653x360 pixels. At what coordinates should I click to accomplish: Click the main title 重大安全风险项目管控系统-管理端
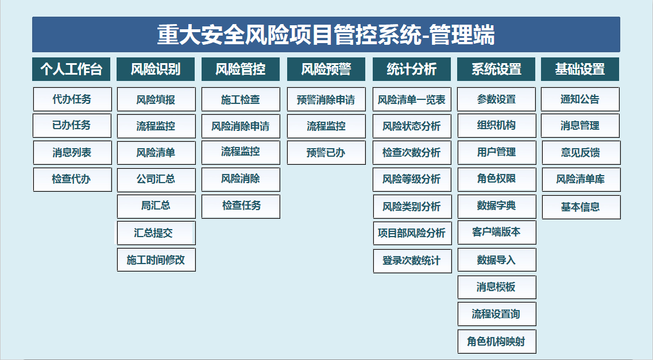coord(326,34)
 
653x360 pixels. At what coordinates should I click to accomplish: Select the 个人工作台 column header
coord(71,69)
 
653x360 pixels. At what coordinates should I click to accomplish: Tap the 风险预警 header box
coord(326,69)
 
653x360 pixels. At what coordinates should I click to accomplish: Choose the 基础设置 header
coord(580,69)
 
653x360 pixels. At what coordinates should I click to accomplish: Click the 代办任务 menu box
coord(72,99)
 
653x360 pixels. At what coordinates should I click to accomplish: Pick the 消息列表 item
coord(72,153)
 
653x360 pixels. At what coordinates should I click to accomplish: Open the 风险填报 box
coord(156,99)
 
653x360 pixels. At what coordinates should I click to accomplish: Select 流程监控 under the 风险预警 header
coord(326,126)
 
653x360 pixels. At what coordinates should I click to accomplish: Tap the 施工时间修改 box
coord(156,260)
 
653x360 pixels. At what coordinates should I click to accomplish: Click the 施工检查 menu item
coord(241,99)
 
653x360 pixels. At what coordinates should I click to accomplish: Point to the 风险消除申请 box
coord(241,126)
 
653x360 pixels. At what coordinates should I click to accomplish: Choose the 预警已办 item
coord(326,153)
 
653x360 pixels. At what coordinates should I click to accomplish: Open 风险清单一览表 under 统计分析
coord(412,99)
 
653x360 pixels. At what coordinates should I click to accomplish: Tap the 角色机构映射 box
coord(497,342)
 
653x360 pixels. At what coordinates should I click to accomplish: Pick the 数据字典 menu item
coord(497,206)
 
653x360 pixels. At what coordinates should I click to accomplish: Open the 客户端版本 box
coord(497,232)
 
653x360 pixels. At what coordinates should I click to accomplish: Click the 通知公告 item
coord(580,99)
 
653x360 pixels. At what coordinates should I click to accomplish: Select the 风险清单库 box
coord(581,179)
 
